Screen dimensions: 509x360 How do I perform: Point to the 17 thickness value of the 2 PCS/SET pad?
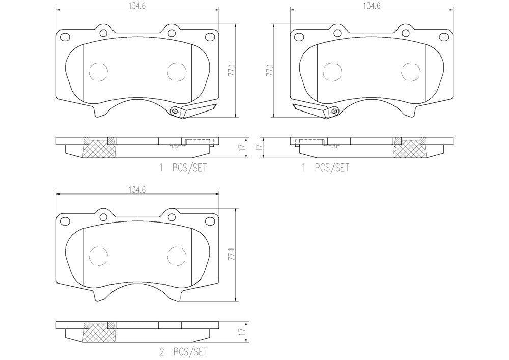[241, 332]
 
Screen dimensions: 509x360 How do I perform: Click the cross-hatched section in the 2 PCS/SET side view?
[99, 336]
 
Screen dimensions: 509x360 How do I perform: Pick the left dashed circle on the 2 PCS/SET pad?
[98, 256]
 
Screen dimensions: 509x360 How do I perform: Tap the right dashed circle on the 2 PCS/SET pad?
[177, 255]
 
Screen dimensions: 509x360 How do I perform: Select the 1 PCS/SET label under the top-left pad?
[183, 168]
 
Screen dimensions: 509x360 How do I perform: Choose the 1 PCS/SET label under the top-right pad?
[325, 168]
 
